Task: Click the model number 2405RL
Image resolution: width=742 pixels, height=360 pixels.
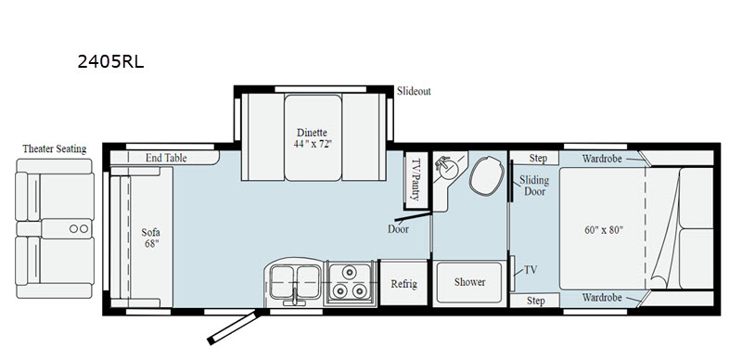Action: click(110, 61)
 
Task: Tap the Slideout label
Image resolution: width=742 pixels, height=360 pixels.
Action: click(414, 91)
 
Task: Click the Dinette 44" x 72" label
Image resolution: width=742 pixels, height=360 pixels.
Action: click(312, 138)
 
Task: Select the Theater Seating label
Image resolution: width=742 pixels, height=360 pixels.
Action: click(55, 148)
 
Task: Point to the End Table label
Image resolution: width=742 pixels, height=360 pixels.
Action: click(166, 158)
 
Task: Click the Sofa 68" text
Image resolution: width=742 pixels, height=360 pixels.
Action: click(151, 238)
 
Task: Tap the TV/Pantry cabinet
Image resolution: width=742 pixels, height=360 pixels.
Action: click(416, 181)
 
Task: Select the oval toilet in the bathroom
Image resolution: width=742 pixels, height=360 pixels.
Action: click(484, 175)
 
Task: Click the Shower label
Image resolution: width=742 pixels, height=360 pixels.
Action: click(469, 282)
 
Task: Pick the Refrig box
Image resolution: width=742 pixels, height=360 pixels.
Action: click(403, 283)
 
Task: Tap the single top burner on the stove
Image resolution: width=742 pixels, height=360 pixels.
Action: click(350, 273)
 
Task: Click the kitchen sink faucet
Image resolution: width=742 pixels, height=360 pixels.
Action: click(295, 297)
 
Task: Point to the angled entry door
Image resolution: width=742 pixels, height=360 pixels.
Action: click(233, 327)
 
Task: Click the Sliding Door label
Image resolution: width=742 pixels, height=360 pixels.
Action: click(534, 186)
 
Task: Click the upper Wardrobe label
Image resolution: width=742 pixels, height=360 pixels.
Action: click(601, 159)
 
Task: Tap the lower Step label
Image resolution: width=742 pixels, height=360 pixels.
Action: click(536, 301)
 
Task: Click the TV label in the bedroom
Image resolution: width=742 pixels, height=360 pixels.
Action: click(531, 270)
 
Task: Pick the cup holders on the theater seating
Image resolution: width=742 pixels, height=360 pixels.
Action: click(79, 229)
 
